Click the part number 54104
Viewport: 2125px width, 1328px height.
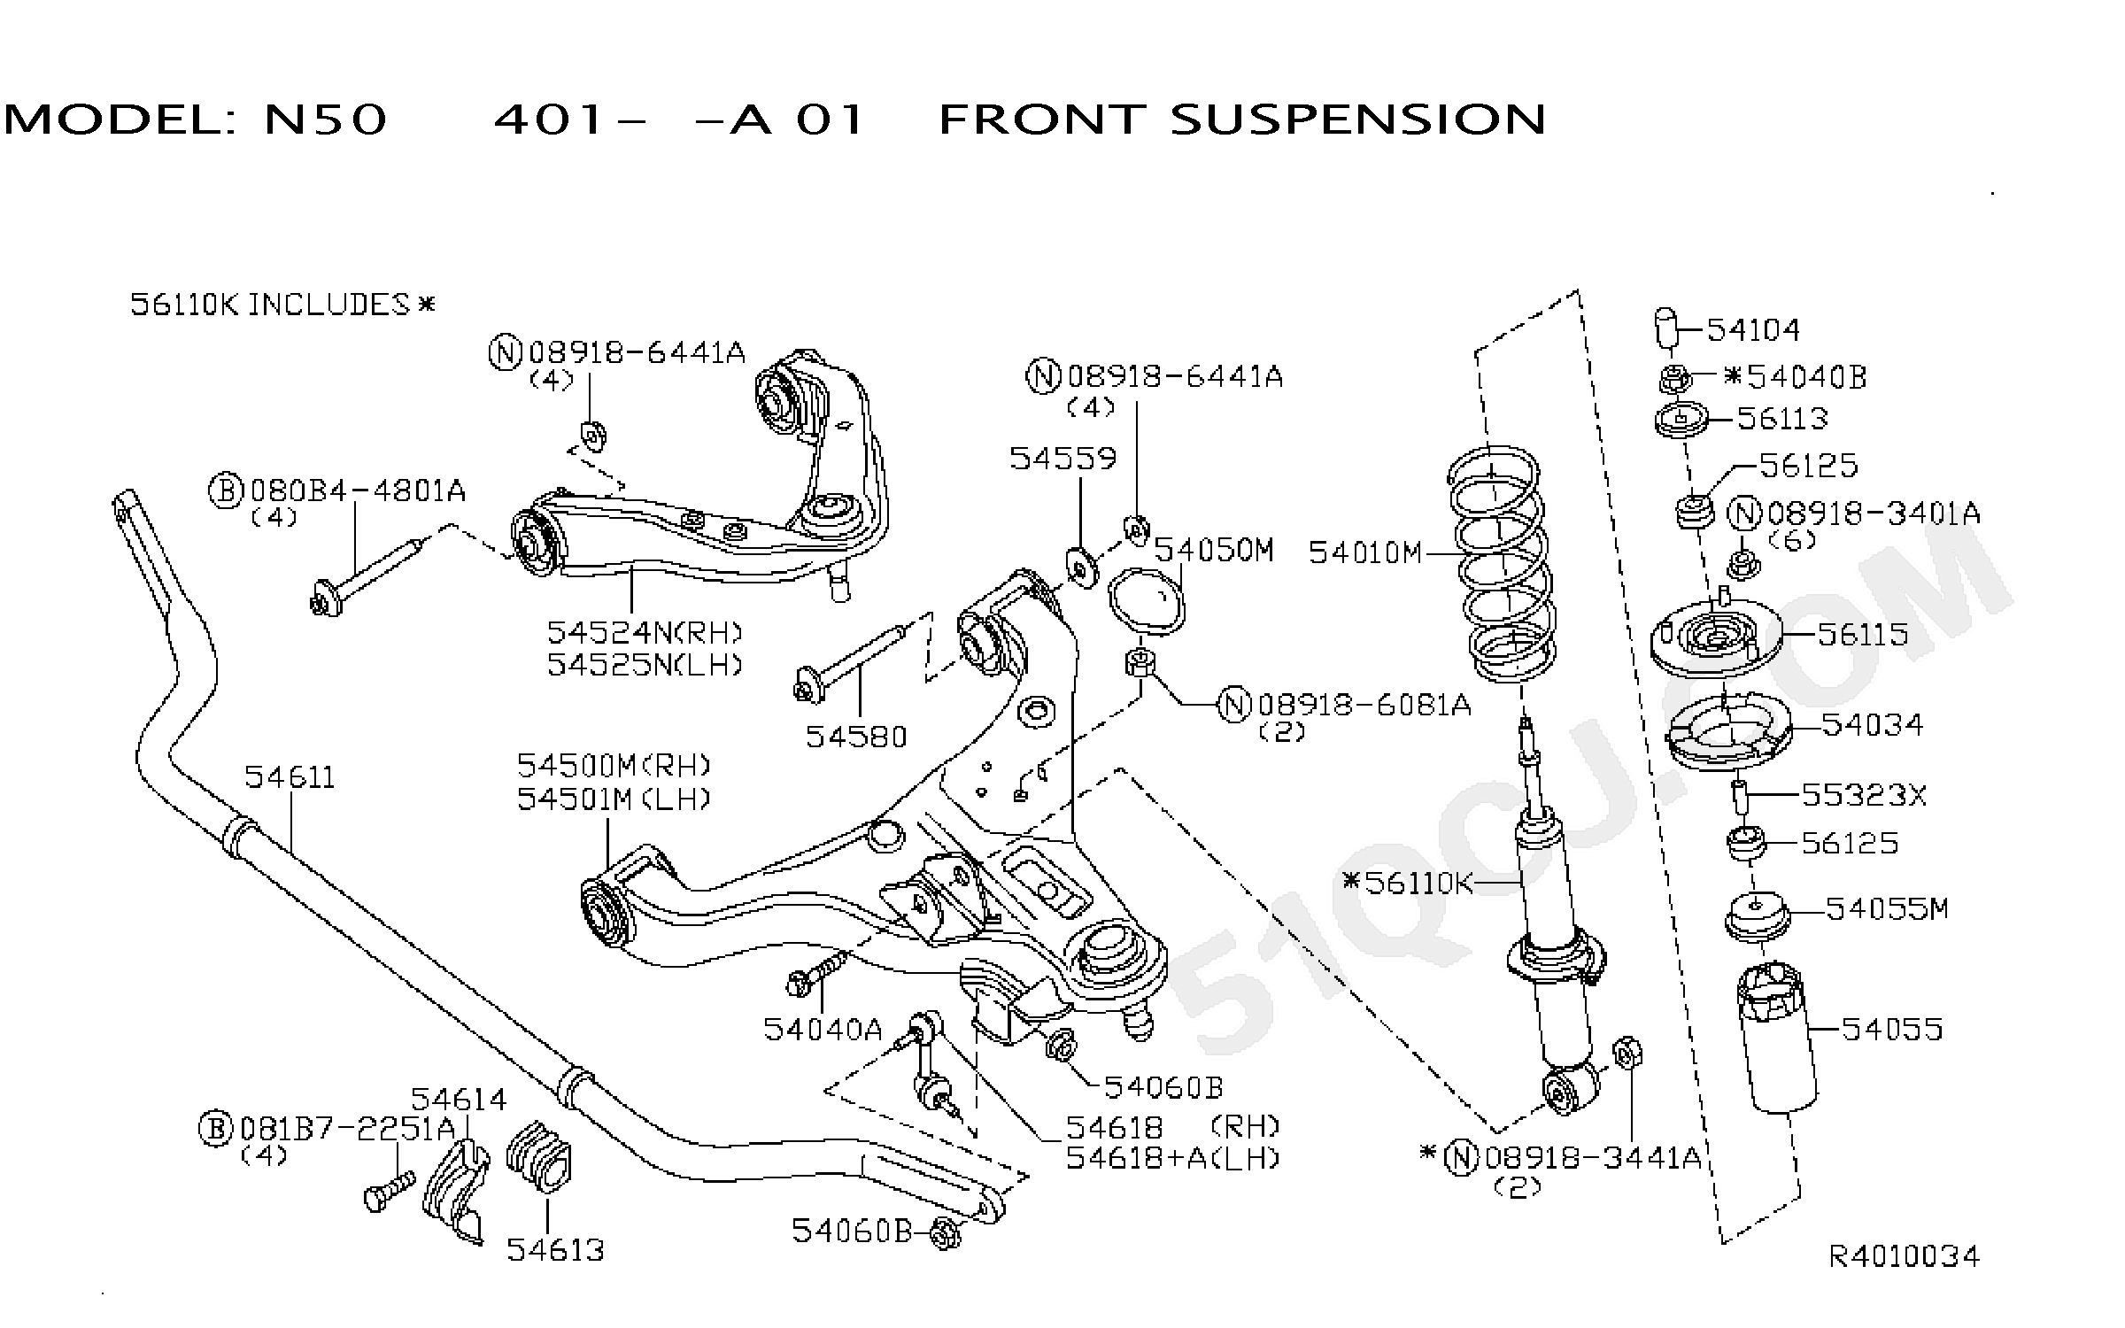(x=1753, y=330)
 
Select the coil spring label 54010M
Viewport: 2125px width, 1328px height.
(x=1364, y=553)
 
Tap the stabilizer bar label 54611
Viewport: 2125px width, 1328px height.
(x=290, y=777)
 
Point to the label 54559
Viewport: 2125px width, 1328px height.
(x=1063, y=459)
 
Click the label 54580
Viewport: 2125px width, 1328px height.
(x=856, y=737)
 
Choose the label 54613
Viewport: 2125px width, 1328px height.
(x=555, y=1250)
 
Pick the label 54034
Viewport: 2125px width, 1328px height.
(x=1872, y=725)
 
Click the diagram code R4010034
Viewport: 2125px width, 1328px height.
(x=1905, y=1256)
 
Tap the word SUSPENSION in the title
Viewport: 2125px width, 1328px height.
(x=1357, y=120)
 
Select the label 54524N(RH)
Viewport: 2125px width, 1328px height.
(x=645, y=633)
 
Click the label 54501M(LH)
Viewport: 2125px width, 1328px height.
(x=614, y=799)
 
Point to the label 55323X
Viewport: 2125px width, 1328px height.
(x=1864, y=796)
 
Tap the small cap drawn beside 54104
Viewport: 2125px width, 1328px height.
(x=1666, y=329)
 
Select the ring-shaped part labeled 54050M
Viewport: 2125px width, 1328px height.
(x=1147, y=600)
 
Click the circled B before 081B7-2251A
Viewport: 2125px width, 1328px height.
(x=216, y=1129)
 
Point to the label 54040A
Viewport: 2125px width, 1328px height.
(x=823, y=1029)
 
